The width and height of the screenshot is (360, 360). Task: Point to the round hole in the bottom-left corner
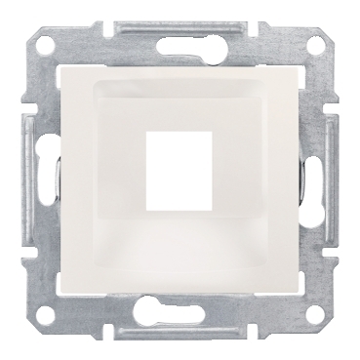click(44, 315)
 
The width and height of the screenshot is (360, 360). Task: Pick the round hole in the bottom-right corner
click(315, 315)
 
